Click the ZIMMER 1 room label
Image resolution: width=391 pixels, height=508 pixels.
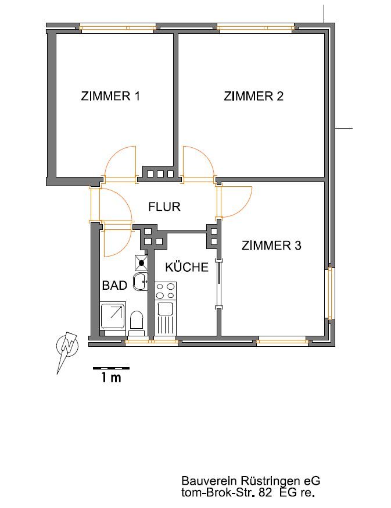(110, 96)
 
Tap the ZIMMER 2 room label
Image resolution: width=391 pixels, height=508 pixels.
(253, 96)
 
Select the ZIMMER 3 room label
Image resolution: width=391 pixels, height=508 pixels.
(271, 246)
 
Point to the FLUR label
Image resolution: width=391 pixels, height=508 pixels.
(164, 207)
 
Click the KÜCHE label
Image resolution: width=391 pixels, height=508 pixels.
(186, 267)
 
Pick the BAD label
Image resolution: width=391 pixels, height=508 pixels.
(114, 286)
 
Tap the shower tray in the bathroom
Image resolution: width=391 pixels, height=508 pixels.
(113, 315)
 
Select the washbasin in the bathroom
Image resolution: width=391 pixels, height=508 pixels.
(141, 282)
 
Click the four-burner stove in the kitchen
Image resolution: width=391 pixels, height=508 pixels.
(165, 291)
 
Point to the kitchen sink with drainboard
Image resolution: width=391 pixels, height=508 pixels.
(165, 318)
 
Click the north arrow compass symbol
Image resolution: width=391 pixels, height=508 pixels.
(67, 348)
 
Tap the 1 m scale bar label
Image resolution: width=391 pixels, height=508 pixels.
(111, 378)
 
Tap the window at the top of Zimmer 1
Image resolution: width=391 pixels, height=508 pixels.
(117, 28)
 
